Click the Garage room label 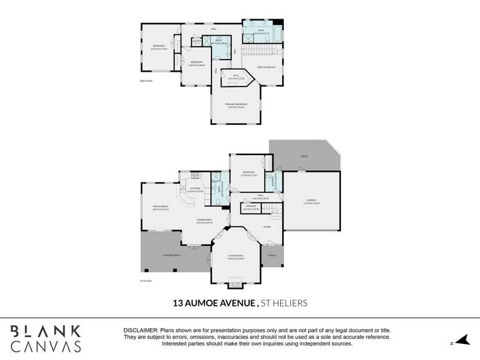312,201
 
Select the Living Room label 236,256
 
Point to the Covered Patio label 171,254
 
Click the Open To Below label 267,67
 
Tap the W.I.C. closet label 236,77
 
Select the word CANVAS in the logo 46,347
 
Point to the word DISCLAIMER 140,329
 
